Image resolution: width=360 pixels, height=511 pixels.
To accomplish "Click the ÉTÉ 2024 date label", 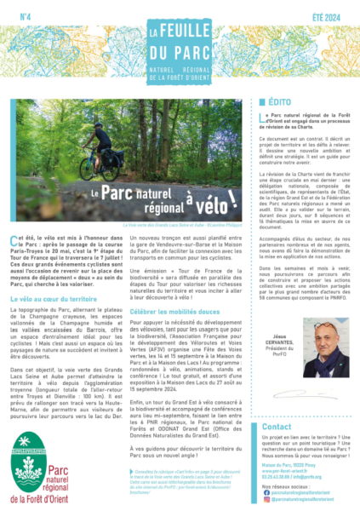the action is tap(334, 14).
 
